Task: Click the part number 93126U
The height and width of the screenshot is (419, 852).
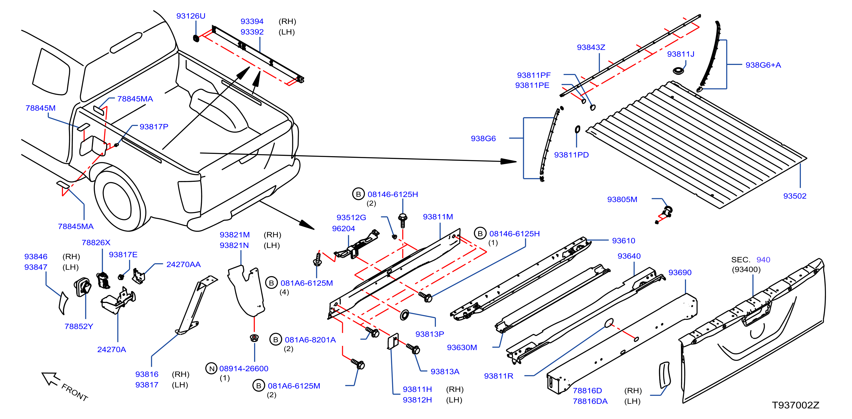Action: pyautogui.click(x=191, y=16)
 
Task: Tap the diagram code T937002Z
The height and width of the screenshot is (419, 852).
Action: pyautogui.click(x=796, y=405)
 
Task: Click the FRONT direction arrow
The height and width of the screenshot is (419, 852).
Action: pyautogui.click(x=51, y=379)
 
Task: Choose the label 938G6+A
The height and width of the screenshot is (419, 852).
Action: pyautogui.click(x=763, y=65)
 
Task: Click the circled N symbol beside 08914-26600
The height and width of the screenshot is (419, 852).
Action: pyautogui.click(x=212, y=368)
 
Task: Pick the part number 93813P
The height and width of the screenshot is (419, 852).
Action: pyautogui.click(x=429, y=334)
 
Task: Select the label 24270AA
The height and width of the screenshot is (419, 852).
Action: pyautogui.click(x=183, y=264)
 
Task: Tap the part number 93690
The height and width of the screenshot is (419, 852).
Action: pyautogui.click(x=680, y=272)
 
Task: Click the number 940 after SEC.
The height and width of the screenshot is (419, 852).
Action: pyautogui.click(x=763, y=259)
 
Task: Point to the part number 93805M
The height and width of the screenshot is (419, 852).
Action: pyautogui.click(x=622, y=199)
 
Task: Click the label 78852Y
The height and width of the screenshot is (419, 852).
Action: pyautogui.click(x=79, y=326)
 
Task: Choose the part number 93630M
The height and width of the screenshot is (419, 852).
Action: pyautogui.click(x=462, y=347)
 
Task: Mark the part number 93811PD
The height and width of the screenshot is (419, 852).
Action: pyautogui.click(x=571, y=155)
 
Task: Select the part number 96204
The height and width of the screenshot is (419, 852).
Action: pyautogui.click(x=343, y=228)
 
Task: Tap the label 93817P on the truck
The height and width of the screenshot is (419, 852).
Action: pyautogui.click(x=154, y=127)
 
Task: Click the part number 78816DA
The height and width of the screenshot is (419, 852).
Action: pyautogui.click(x=590, y=401)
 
